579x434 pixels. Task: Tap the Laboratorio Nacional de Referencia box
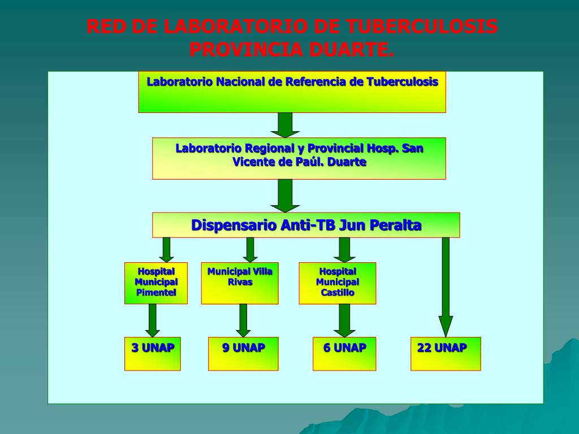click(x=292, y=92)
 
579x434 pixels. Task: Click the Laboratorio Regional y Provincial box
click(x=299, y=158)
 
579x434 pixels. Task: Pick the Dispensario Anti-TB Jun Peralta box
click(x=305, y=225)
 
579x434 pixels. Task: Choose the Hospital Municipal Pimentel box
click(x=155, y=283)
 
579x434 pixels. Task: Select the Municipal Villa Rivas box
click(x=240, y=283)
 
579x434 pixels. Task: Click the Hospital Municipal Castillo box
click(x=337, y=283)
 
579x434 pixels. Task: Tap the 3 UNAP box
click(x=152, y=354)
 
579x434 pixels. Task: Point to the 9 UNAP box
click(x=243, y=354)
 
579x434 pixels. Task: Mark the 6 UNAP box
click(x=344, y=354)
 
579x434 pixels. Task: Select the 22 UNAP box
click(x=445, y=354)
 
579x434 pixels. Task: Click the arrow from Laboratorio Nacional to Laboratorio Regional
click(x=285, y=125)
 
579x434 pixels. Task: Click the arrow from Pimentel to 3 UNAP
click(x=152, y=320)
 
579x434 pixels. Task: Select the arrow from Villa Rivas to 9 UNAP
click(x=243, y=320)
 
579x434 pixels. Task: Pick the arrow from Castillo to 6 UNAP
click(x=344, y=320)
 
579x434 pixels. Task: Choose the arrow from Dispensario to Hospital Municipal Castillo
click(x=344, y=249)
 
